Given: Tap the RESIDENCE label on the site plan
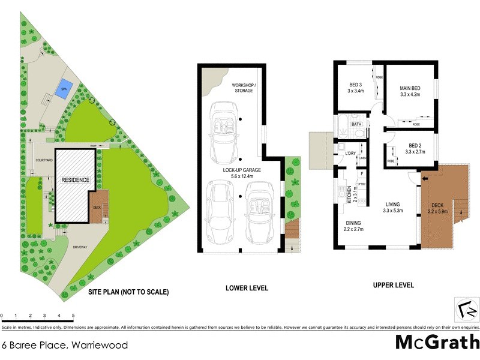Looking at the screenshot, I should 75,180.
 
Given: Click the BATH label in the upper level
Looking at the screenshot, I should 356,124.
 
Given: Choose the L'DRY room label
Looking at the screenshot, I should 352,154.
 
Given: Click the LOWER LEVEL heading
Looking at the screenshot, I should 242,287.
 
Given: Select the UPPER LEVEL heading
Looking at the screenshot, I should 393,285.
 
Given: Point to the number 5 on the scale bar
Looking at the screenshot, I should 73,315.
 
